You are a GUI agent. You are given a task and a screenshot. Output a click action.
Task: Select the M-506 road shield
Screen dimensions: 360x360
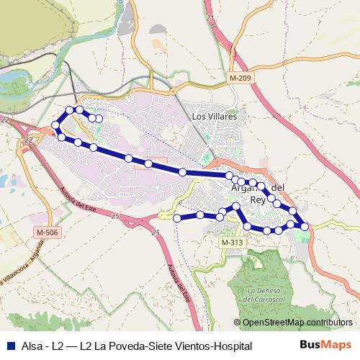click(48, 233)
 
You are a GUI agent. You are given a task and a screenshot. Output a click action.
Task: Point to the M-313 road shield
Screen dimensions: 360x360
click(232, 243)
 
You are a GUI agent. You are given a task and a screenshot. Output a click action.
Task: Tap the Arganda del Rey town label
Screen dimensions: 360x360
click(256, 194)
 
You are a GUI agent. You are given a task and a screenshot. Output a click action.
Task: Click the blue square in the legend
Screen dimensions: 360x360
click(9, 346)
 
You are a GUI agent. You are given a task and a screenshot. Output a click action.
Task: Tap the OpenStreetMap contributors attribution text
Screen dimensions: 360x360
click(297, 323)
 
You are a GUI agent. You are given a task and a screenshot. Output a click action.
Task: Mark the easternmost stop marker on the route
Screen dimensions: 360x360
click(305, 226)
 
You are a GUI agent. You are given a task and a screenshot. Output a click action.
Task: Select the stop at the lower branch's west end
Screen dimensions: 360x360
click(176, 217)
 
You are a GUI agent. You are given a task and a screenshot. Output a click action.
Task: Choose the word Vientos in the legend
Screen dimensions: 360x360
click(190, 346)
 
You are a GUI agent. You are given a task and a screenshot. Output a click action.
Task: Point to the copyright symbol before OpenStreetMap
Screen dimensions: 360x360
click(237, 323)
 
